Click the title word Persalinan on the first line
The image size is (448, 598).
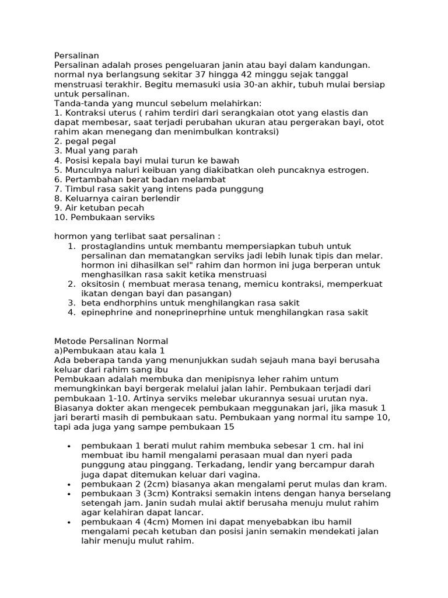77,56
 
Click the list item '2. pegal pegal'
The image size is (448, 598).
85,141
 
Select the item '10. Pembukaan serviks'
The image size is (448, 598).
105,217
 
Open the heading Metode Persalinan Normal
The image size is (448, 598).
111,341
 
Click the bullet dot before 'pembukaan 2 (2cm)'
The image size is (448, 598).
69,485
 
